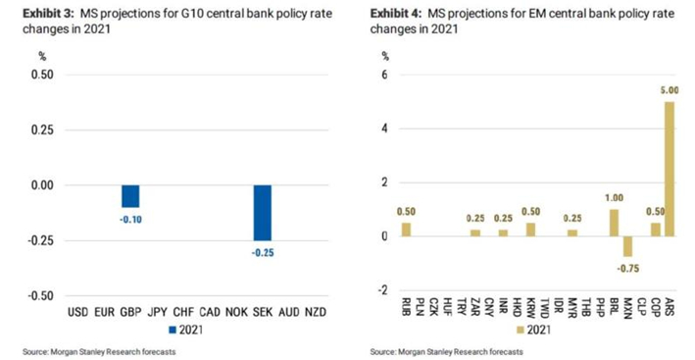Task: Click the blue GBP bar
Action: (x=130, y=196)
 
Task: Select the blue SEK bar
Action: (x=263, y=213)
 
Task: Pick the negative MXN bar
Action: (x=628, y=246)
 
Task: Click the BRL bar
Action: (x=615, y=223)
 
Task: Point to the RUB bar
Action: (x=407, y=230)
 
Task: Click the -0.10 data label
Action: (x=130, y=220)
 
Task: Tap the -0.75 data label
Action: (x=628, y=269)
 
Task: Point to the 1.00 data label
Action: (x=615, y=198)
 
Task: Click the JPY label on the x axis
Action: (x=158, y=312)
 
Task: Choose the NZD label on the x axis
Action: (x=316, y=312)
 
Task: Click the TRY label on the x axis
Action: (x=462, y=307)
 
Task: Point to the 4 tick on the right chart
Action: (x=384, y=129)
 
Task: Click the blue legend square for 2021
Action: (x=174, y=330)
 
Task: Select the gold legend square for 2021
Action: (x=521, y=330)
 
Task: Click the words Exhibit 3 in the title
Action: (x=49, y=14)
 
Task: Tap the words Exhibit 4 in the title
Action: (x=397, y=14)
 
